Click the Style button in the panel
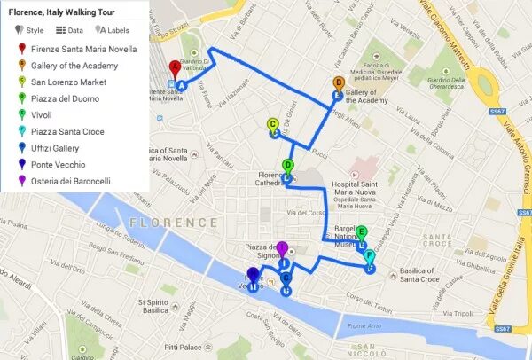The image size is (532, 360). (29, 30)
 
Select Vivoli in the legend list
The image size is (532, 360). (43, 115)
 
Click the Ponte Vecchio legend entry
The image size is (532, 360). (58, 165)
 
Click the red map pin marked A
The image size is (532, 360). (175, 68)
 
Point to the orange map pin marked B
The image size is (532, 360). (338, 84)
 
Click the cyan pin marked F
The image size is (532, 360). (370, 257)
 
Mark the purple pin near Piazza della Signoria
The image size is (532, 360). (282, 249)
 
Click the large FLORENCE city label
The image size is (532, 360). (173, 222)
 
